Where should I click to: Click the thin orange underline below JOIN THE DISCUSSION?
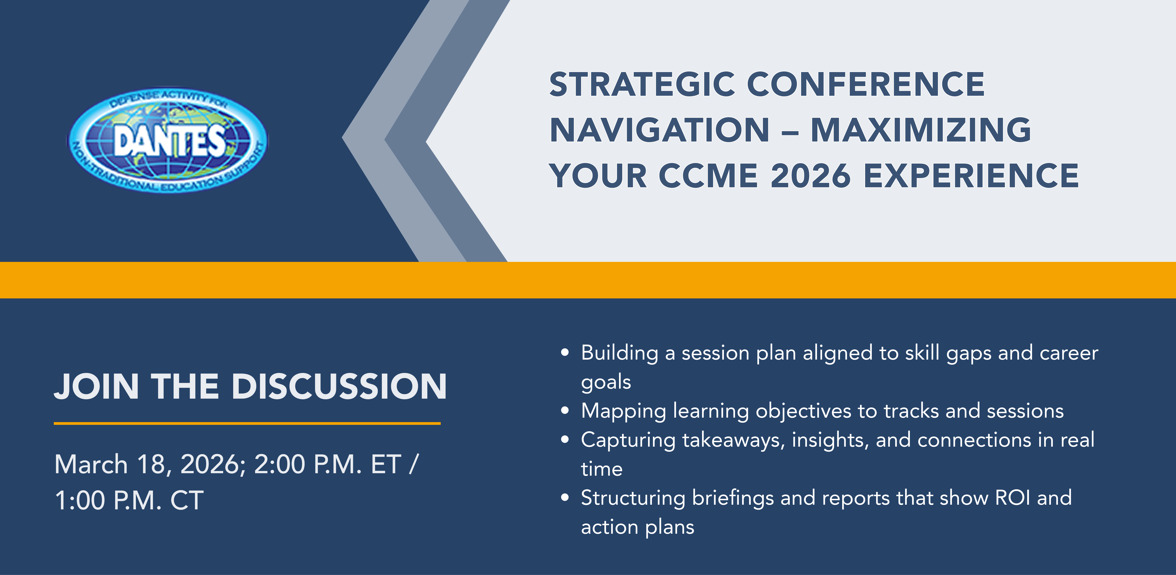pyautogui.click(x=247, y=423)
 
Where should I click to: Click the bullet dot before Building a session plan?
pyautogui.click(x=565, y=353)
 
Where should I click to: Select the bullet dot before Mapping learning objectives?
pyautogui.click(x=565, y=410)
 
